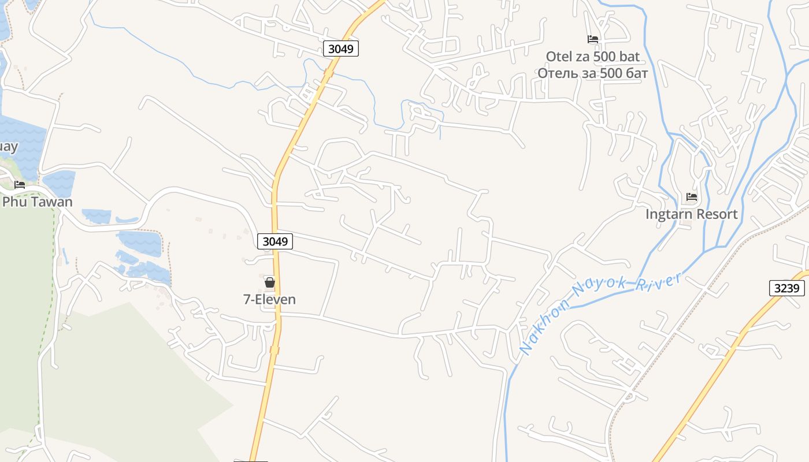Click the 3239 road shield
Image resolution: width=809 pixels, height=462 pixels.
click(787, 288)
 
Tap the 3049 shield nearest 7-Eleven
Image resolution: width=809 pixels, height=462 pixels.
click(275, 241)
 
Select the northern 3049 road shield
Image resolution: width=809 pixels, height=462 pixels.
click(340, 49)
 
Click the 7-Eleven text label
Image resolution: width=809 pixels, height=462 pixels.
click(269, 299)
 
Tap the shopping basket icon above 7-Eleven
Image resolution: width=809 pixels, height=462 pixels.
click(269, 282)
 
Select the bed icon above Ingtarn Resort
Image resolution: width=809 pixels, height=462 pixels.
click(692, 197)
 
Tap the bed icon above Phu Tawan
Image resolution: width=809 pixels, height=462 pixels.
click(20, 185)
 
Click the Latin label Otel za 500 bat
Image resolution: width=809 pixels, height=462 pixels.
click(593, 57)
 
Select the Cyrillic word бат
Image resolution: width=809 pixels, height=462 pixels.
click(636, 73)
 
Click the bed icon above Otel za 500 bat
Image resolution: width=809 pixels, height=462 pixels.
click(593, 39)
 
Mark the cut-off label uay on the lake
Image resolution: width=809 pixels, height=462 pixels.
click(8, 147)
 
